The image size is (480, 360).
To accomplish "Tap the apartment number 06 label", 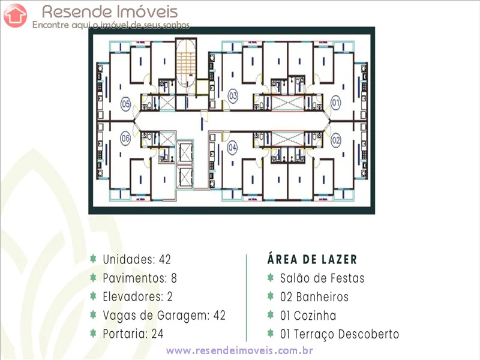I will coord(125,139).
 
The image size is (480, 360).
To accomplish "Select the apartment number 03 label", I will coord(232,96).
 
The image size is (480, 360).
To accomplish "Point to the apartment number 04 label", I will coord(232,147).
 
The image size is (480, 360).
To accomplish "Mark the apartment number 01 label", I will coord(335,104).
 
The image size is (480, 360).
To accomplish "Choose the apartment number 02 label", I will coord(335,140).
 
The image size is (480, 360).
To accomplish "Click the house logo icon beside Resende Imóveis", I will coord(15,15).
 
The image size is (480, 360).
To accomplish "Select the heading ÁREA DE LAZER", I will coord(312,259).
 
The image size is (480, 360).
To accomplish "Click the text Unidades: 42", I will coord(137,259).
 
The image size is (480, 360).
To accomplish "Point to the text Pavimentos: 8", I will coord(140,278).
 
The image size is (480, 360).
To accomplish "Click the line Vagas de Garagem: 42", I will coord(164,315).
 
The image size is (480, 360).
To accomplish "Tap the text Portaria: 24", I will coord(133,334).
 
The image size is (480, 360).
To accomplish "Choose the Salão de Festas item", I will coord(322,278).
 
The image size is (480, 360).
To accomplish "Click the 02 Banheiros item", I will coord(314,296).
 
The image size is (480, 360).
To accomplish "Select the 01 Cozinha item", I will coord(308,315).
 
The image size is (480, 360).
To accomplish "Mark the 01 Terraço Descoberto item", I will coord(339,334).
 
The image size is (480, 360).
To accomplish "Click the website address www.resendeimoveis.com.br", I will coord(240,350).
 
